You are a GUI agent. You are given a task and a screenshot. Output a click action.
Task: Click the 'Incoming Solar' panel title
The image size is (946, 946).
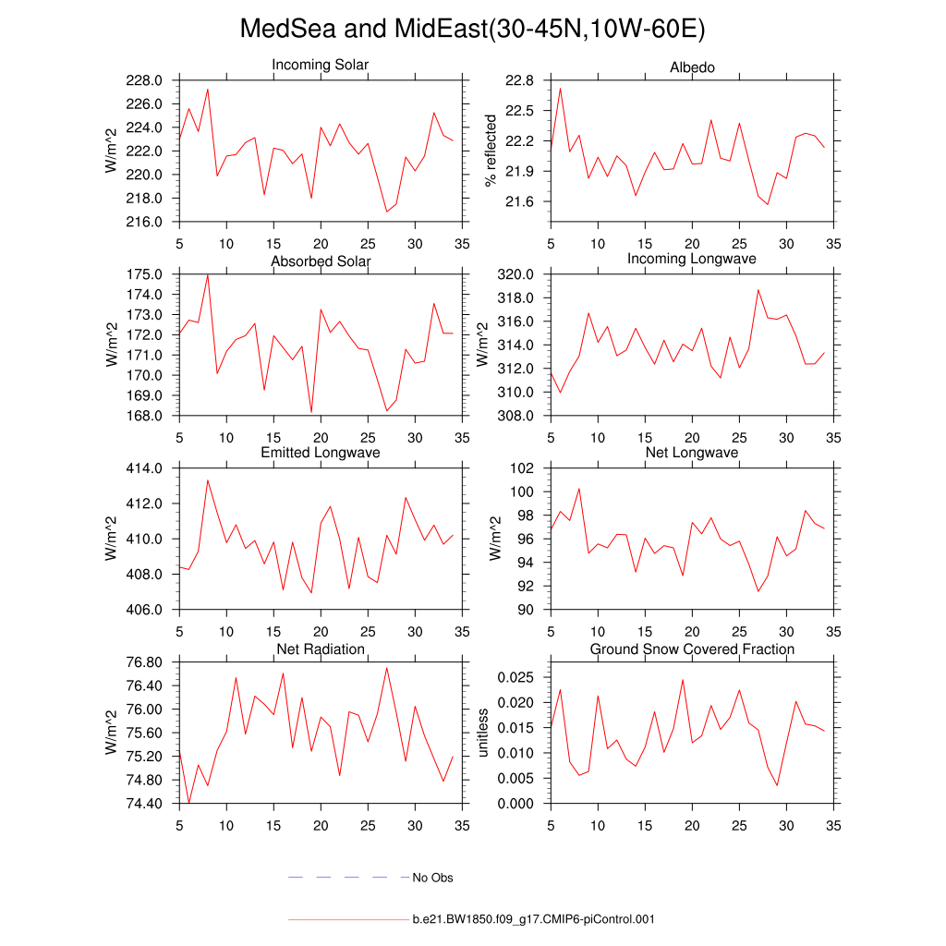tap(321, 66)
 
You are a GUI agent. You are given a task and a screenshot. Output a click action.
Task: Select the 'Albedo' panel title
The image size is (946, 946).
tap(692, 68)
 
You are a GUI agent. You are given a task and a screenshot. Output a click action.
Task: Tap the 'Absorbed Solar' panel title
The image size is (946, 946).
tap(321, 261)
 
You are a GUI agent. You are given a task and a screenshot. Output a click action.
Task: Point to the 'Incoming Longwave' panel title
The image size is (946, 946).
tap(692, 259)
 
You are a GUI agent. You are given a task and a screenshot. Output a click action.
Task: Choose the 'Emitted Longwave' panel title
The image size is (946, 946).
tap(321, 453)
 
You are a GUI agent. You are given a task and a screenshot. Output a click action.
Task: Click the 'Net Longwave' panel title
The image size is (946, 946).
tap(692, 453)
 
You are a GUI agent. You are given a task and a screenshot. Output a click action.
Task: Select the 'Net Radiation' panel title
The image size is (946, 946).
tap(321, 649)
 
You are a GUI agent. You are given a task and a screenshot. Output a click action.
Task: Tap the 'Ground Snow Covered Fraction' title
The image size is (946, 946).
tap(692, 649)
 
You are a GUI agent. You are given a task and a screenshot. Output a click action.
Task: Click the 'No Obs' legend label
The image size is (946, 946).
tap(432, 878)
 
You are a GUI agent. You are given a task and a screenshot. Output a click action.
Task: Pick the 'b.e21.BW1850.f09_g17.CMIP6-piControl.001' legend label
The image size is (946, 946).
tap(533, 919)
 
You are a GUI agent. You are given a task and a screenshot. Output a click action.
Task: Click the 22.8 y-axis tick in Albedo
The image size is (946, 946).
tap(519, 80)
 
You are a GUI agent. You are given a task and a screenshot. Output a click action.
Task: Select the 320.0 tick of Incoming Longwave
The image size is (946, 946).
tap(516, 274)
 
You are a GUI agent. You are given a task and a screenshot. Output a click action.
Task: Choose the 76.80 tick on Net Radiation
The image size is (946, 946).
tap(143, 662)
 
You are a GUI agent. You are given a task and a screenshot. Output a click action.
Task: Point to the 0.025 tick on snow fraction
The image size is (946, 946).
tap(515, 677)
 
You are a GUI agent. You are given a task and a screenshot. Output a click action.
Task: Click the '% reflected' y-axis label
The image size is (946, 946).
tap(491, 150)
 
